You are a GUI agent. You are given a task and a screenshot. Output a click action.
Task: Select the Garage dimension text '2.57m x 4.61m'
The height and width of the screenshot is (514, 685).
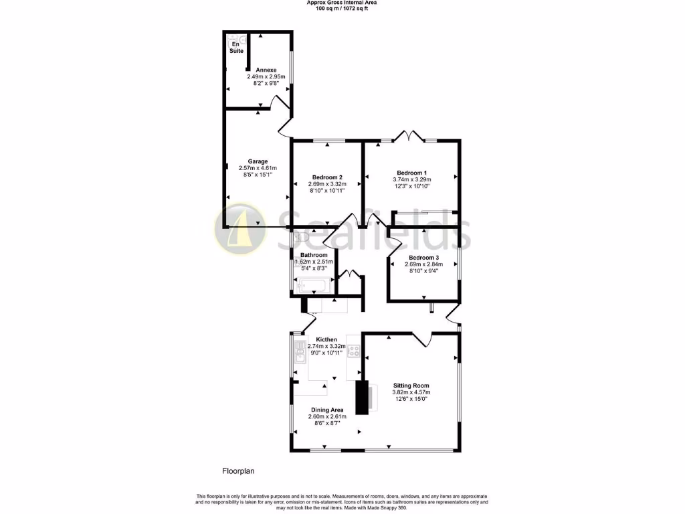click(258, 168)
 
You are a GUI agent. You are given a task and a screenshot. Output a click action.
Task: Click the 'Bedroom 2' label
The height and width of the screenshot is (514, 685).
click(326, 177)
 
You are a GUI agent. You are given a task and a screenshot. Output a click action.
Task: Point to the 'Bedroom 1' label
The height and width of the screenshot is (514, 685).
click(411, 172)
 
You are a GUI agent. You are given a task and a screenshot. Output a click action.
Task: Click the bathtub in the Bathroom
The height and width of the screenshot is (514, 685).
click(312, 286)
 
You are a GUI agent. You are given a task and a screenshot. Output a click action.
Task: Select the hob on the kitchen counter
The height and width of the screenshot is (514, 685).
click(353, 351)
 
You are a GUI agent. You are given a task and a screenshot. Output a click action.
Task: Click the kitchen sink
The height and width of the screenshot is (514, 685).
click(298, 352)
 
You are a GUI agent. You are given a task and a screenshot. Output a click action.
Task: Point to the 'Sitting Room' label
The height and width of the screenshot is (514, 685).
click(411, 385)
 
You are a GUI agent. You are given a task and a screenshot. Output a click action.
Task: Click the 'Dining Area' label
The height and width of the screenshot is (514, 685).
click(326, 410)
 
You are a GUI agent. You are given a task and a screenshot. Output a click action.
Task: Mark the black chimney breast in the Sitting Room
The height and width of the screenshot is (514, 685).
click(362, 398)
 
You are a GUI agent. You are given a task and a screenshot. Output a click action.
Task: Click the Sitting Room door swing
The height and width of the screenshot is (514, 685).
click(421, 340)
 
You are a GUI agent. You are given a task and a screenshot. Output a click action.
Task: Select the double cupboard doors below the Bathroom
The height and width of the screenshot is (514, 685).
click(349, 274)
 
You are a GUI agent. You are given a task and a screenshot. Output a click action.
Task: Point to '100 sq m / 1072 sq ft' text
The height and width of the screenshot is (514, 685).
click(342, 8)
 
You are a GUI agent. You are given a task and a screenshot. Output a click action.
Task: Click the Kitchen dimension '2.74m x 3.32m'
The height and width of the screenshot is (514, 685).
click(326, 347)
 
